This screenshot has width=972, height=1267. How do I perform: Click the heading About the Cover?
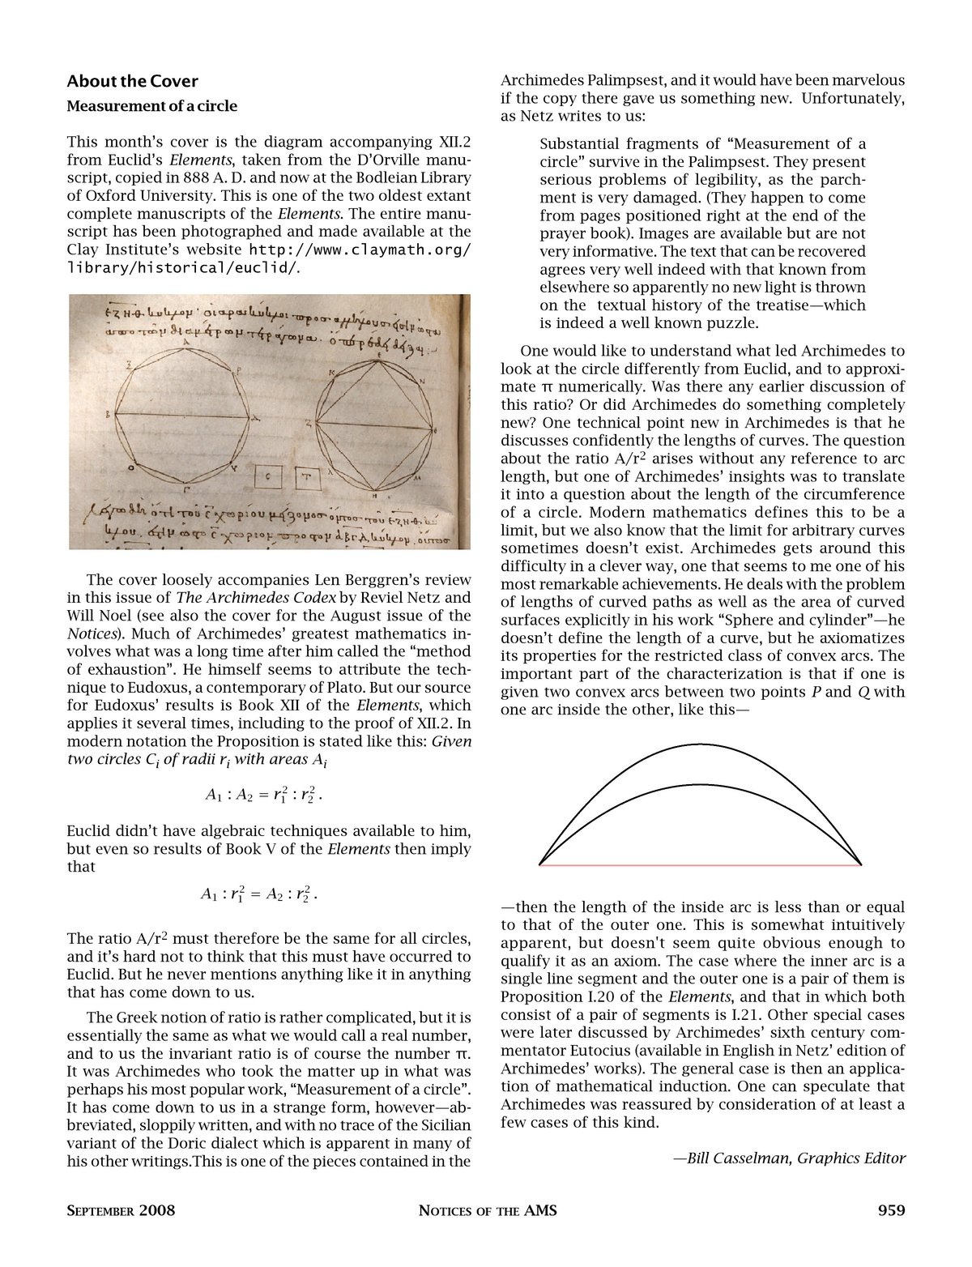click(x=132, y=81)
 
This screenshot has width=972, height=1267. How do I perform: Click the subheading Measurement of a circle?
click(x=152, y=106)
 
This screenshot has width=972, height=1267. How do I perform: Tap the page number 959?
click(x=891, y=1211)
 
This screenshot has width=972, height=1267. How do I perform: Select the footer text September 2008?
click(x=121, y=1212)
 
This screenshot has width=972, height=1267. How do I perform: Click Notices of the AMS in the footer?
click(x=488, y=1212)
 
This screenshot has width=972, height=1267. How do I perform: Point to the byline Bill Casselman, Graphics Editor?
click(x=789, y=1158)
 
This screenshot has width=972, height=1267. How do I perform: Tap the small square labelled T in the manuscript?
click(x=306, y=478)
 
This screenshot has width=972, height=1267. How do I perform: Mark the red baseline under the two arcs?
click(x=701, y=865)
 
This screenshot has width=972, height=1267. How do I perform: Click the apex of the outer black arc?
click(x=701, y=744)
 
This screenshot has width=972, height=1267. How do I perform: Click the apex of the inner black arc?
click(x=701, y=784)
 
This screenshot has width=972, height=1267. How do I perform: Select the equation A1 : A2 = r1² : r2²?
click(x=265, y=796)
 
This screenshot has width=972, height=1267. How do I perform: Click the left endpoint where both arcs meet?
click(x=540, y=864)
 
